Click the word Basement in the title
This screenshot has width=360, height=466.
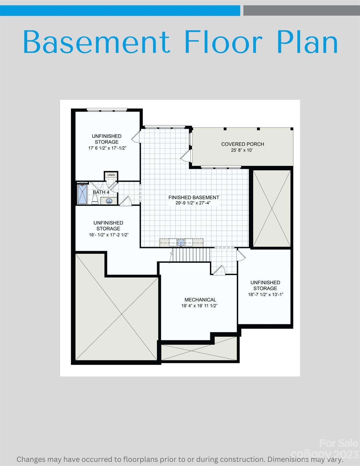click(x=96, y=42)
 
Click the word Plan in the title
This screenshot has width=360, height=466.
click(x=307, y=42)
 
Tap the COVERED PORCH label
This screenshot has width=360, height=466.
click(x=243, y=144)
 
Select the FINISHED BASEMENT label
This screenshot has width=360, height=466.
click(x=194, y=198)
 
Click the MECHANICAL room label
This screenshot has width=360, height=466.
click(x=200, y=300)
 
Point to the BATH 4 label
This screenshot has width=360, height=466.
click(x=101, y=192)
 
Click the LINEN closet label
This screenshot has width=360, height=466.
click(x=111, y=175)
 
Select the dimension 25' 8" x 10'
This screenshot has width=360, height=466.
click(x=242, y=150)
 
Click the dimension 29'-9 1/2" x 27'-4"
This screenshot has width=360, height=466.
click(x=193, y=203)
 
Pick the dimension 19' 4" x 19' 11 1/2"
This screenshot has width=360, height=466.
click(x=199, y=306)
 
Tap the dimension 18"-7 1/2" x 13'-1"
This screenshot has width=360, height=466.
click(x=265, y=295)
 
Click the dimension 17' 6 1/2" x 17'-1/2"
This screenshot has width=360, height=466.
click(x=107, y=148)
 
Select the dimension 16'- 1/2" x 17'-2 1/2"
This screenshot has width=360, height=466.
click(x=109, y=235)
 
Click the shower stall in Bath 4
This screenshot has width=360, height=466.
click(x=82, y=194)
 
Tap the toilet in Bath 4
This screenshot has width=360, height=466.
click(x=95, y=200)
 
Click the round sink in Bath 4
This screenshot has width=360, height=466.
click(x=109, y=201)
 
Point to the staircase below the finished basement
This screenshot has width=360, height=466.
click(x=191, y=254)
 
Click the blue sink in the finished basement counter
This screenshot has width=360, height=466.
click(x=181, y=243)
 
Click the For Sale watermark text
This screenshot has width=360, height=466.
click(x=338, y=443)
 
